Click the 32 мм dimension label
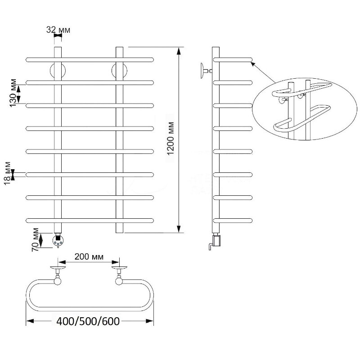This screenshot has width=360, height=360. pos(58,30)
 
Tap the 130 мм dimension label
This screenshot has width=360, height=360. pos(13,93)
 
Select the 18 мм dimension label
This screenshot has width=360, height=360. pos(8,173)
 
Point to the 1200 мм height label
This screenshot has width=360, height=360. pos(171,139)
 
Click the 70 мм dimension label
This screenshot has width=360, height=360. pos(35,240)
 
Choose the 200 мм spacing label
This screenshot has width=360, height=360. pos(89,256)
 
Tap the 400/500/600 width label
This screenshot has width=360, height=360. pos(88,321)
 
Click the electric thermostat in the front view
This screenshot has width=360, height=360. pos(58,240)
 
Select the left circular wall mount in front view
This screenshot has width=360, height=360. pos(58,71)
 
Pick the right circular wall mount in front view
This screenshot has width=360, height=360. pos(119,71)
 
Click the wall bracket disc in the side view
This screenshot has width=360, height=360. pos(202,71)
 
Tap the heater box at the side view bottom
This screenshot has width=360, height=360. pos(217,240)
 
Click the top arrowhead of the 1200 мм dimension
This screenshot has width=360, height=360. pos(178,51)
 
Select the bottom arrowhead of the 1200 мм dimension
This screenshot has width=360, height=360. pos(178,229)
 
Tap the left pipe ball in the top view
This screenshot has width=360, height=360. pos(58,281)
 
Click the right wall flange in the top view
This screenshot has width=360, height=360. pos(119,268)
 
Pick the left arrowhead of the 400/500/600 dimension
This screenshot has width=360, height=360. pos(30,321)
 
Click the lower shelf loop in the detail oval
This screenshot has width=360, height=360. pos(302,119)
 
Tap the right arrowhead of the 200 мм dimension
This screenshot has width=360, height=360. pos(115,262)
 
